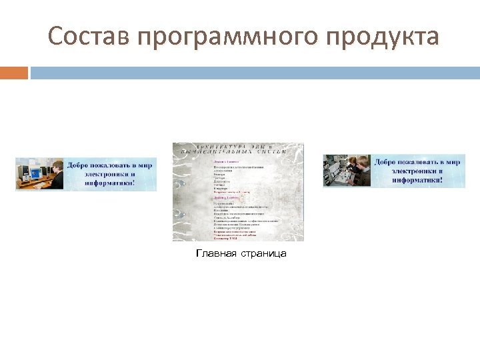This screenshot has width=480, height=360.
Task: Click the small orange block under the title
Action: (14, 72)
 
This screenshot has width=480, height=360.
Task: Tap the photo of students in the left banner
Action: (40, 175)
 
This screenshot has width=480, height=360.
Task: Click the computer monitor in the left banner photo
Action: (25, 171)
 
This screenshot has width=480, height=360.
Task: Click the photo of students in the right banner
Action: (347, 171)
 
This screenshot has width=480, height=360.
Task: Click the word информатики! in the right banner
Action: (417, 179)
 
